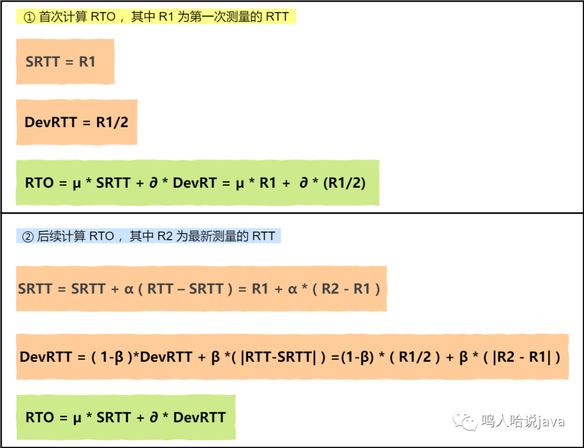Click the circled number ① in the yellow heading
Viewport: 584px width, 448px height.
click(29, 17)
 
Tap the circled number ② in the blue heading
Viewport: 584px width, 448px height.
click(28, 236)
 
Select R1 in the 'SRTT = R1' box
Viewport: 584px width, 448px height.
click(87, 62)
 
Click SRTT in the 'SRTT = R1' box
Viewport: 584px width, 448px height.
click(43, 62)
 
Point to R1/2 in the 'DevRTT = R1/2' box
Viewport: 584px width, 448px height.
click(112, 122)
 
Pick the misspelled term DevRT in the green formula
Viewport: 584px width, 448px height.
click(195, 183)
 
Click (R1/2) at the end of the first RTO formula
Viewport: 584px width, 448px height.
click(344, 183)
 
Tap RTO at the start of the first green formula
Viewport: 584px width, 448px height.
click(39, 183)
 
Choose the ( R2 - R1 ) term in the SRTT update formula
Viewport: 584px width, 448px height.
click(346, 289)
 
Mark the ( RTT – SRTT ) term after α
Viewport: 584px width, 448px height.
click(185, 289)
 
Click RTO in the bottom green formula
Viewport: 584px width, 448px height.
click(40, 418)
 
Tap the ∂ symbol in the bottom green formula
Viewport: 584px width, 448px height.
click(154, 418)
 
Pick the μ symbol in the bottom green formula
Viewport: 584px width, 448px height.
click(77, 418)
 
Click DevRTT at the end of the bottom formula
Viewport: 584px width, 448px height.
click(200, 418)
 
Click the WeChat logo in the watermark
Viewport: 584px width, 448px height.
click(465, 421)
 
